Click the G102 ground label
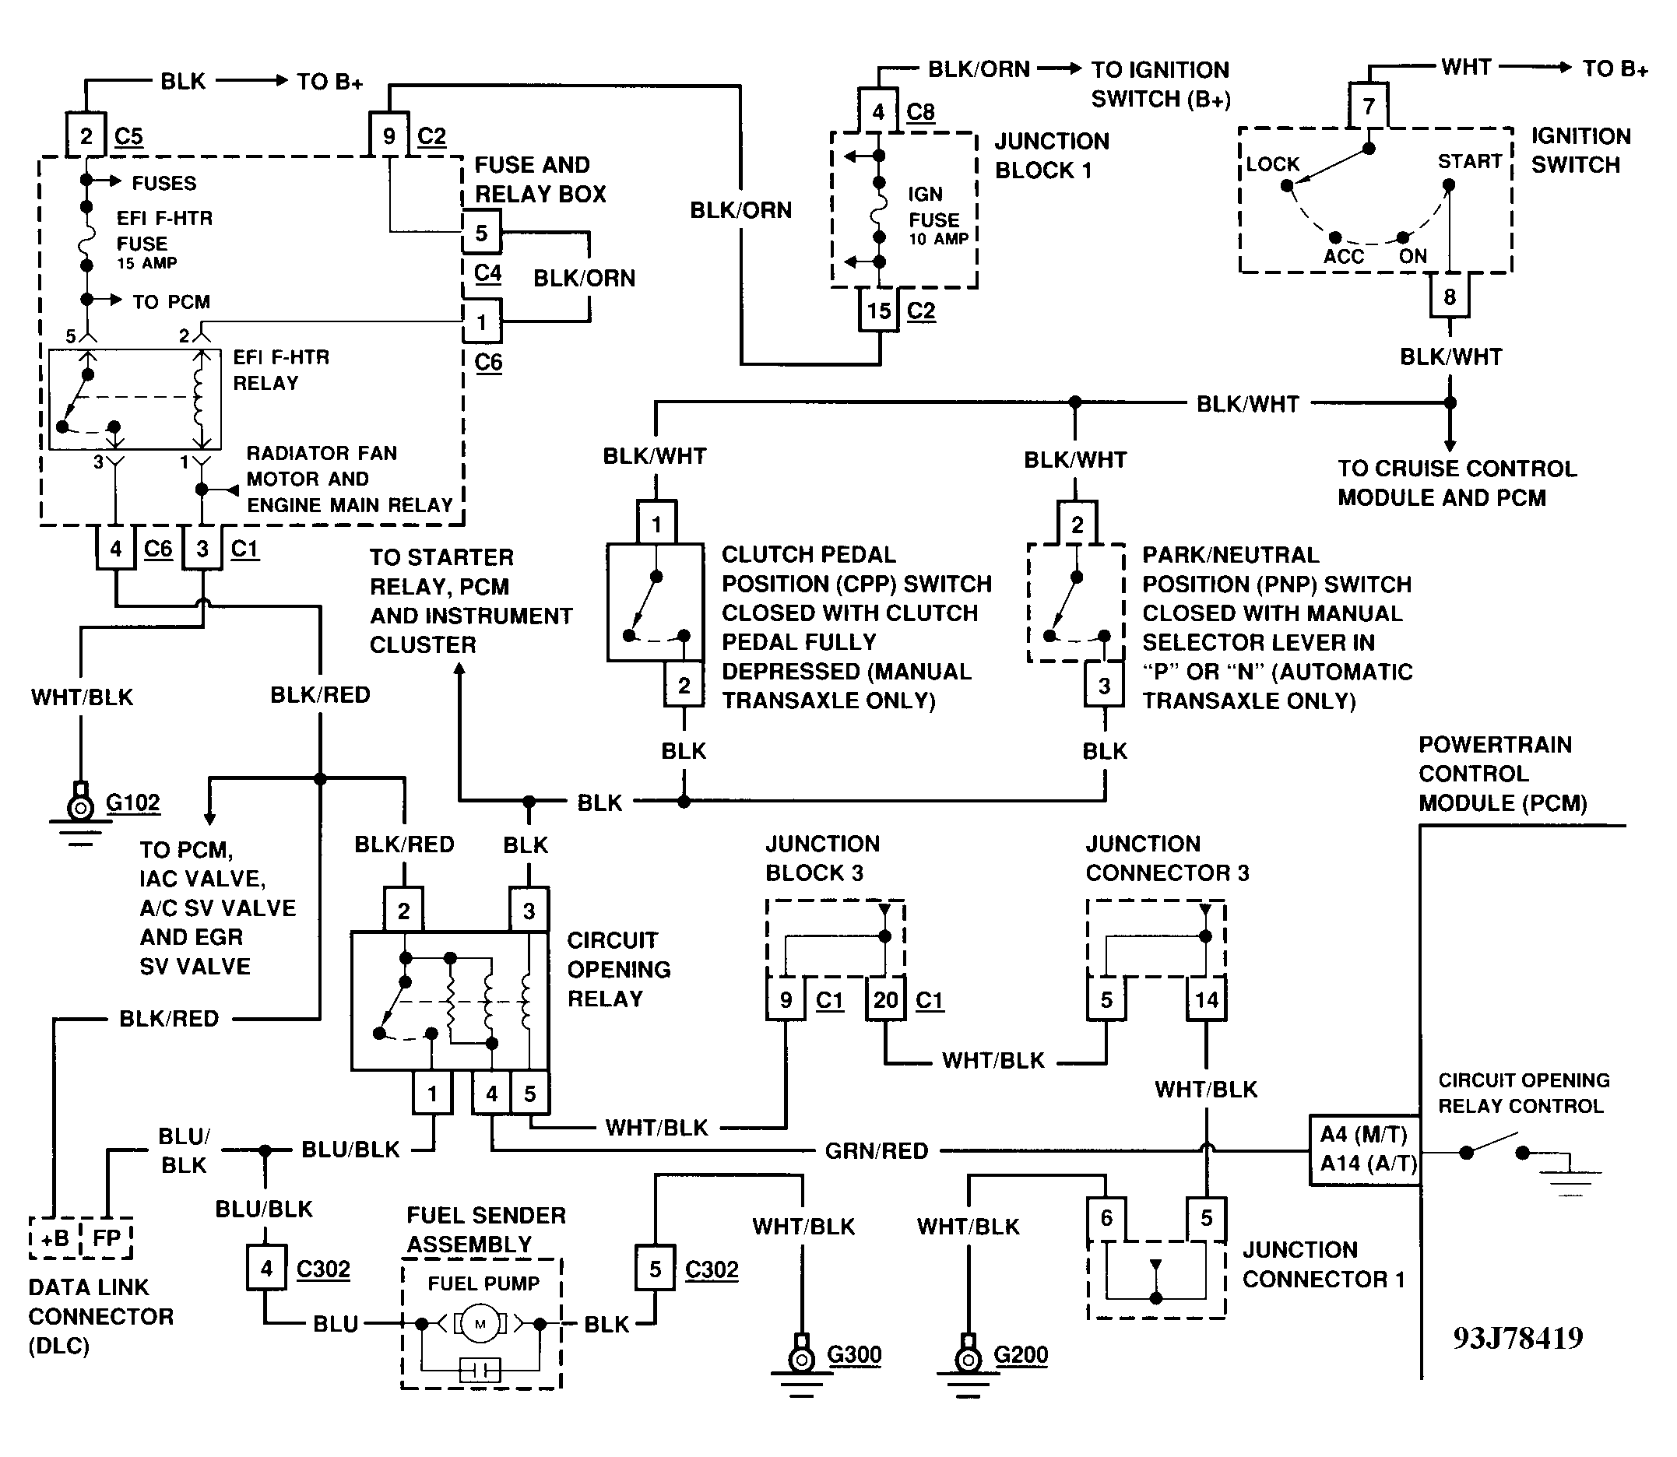tap(132, 803)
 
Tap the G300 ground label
tap(854, 1354)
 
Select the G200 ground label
tap(1021, 1354)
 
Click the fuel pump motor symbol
tap(480, 1324)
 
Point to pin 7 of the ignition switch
tap(1369, 107)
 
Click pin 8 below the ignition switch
tap(1450, 297)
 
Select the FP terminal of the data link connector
tap(107, 1238)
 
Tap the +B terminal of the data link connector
tap(54, 1238)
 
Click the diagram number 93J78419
tap(1517, 1338)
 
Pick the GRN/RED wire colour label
tap(876, 1150)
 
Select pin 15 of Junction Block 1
tap(878, 311)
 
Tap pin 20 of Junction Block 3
tap(885, 999)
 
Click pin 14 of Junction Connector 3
tap(1206, 999)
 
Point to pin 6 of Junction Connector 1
tap(1106, 1217)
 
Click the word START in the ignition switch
tap(1469, 161)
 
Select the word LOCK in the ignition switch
tap(1273, 163)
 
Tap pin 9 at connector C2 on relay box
tap(388, 135)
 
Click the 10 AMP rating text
tap(938, 239)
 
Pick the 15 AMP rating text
tap(146, 262)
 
